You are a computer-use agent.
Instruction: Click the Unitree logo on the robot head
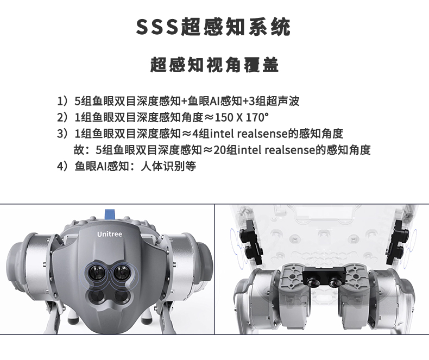tap(110, 234)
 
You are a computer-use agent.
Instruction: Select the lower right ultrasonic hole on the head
tap(121, 297)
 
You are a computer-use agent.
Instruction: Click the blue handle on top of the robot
tap(110, 214)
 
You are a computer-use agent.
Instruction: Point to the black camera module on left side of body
tap(250, 242)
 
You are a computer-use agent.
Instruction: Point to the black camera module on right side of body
tap(398, 242)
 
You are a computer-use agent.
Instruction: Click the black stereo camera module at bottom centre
tap(324, 276)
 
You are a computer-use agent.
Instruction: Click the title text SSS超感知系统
tap(213, 27)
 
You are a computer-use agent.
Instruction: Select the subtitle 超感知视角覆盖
tap(214, 65)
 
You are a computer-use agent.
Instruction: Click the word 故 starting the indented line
tap(79, 150)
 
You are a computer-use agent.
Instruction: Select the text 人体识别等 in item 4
tap(168, 166)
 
